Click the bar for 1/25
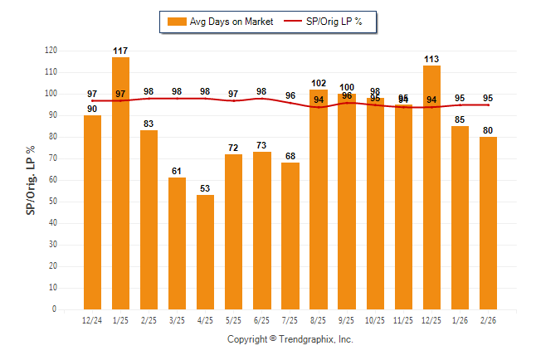(x=121, y=182)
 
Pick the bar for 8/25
(x=319, y=199)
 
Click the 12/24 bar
(x=93, y=212)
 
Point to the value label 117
(x=121, y=51)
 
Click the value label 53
(x=206, y=188)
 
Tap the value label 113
(x=431, y=59)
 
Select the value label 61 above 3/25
(x=178, y=171)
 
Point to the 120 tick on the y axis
(x=51, y=51)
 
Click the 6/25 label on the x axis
(x=262, y=320)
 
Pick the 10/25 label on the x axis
(x=375, y=320)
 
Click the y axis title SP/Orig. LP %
(x=31, y=178)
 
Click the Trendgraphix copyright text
(x=290, y=339)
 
